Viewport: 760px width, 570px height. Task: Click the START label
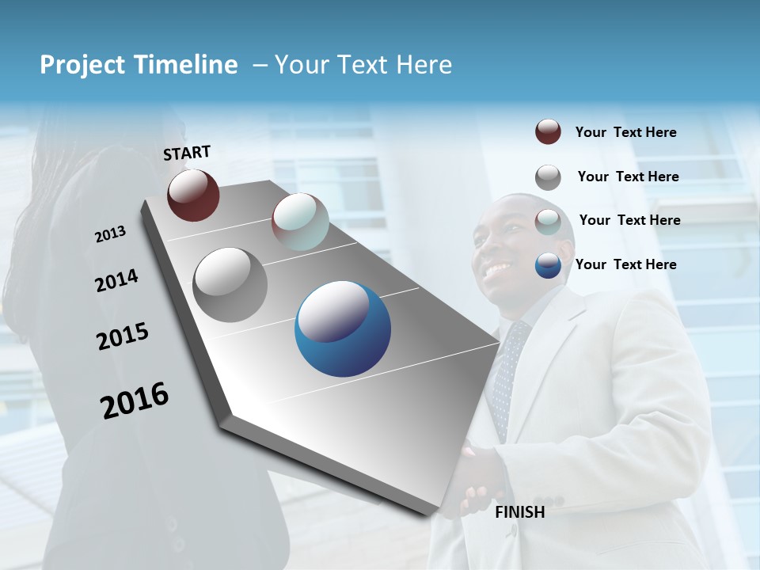(188, 153)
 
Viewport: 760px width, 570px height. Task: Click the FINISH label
(520, 512)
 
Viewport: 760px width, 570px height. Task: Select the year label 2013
(111, 234)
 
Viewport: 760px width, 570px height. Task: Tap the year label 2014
(117, 280)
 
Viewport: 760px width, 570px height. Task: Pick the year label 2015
(123, 336)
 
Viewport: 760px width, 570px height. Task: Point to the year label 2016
(135, 400)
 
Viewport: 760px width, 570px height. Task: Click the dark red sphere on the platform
(193, 195)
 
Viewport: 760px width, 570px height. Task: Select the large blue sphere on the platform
(343, 329)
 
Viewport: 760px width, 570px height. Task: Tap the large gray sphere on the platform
(230, 284)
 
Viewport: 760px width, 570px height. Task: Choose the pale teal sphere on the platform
(300, 222)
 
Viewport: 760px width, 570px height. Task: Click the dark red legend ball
(548, 131)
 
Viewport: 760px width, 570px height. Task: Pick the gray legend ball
(548, 177)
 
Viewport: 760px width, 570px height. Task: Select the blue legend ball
(548, 266)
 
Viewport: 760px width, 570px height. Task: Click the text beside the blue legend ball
(626, 264)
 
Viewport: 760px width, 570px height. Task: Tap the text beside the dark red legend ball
(626, 132)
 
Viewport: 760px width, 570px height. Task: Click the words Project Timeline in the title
(139, 65)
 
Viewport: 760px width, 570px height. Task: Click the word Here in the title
(424, 65)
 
